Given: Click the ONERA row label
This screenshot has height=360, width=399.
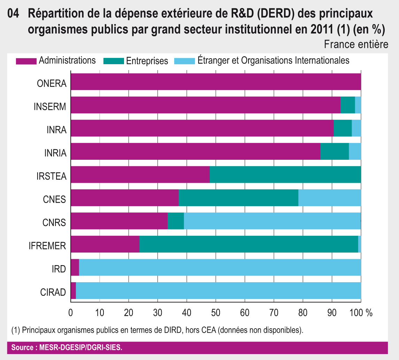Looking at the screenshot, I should point(52,84).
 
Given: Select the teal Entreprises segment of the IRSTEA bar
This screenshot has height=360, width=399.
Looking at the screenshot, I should point(285,174).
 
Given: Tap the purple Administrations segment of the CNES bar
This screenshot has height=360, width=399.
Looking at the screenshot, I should point(124,198).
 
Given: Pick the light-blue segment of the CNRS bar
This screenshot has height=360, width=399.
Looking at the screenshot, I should point(272,221).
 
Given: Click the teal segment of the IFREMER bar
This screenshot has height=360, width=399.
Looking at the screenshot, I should point(248,244).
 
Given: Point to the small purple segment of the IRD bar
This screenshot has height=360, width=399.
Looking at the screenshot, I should point(75,267).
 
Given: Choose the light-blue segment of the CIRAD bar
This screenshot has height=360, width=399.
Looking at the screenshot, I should point(218,290).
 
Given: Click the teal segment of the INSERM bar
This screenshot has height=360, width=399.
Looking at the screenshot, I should point(347,105).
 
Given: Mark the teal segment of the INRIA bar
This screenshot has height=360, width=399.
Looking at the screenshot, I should point(335,151).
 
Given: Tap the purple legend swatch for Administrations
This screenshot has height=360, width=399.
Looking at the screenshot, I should point(26,61).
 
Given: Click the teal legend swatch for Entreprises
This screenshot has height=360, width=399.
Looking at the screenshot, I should point(114,61).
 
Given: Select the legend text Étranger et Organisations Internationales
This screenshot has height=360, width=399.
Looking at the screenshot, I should point(273,60).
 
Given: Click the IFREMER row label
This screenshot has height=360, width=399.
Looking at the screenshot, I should point(47,246).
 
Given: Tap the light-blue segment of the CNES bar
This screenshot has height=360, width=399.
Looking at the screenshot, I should point(329,198).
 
